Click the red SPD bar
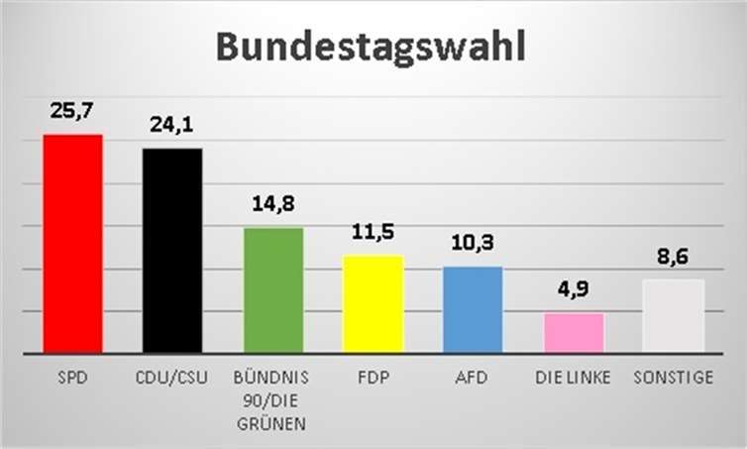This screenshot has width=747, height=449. [72, 243]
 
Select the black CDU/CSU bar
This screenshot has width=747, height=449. [172, 250]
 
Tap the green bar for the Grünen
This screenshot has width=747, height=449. [272, 289]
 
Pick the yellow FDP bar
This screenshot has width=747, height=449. [373, 303]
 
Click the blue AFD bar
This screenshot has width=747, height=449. [473, 309]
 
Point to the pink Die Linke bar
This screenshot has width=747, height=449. [573, 332]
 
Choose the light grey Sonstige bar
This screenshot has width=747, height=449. [673, 315]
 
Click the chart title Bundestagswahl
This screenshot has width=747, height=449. [371, 48]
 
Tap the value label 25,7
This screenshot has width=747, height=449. [72, 111]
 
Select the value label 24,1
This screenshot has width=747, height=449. [172, 126]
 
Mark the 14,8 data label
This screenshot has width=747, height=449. [272, 205]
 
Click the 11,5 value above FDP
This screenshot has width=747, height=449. [373, 233]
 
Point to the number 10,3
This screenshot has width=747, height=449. [473, 243]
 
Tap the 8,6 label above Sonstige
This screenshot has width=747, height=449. [673, 256]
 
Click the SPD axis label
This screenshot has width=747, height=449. [72, 378]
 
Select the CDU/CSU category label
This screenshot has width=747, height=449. [172, 378]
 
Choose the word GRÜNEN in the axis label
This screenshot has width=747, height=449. [272, 424]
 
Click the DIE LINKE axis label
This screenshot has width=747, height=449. [573, 378]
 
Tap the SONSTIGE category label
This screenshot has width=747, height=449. [673, 378]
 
